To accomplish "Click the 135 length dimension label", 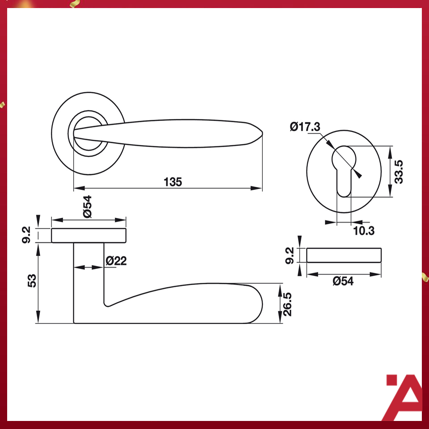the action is pyautogui.click(x=172, y=182).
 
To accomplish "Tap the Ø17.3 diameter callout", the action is pyautogui.click(x=305, y=126).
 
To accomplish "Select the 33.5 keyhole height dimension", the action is pyautogui.click(x=399, y=172).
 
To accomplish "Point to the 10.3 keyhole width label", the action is pyautogui.click(x=364, y=231).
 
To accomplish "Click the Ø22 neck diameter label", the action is pyautogui.click(x=116, y=261).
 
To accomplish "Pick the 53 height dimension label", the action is pyautogui.click(x=32, y=281).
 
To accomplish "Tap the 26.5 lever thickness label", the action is pyautogui.click(x=287, y=304).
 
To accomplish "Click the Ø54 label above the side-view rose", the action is pyautogui.click(x=87, y=206).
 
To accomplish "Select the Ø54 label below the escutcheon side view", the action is pyautogui.click(x=343, y=281).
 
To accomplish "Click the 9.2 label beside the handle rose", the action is pyautogui.click(x=26, y=235).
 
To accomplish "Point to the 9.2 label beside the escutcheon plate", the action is pyautogui.click(x=290, y=256).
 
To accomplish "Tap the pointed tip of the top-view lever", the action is pyautogui.click(x=262, y=133).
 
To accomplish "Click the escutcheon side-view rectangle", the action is pyautogui.click(x=344, y=255).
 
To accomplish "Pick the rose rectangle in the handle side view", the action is pyautogui.click(x=88, y=236).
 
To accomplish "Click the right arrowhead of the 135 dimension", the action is pyautogui.click(x=257, y=188).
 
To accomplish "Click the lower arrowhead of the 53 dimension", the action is pyautogui.click(x=38, y=317).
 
